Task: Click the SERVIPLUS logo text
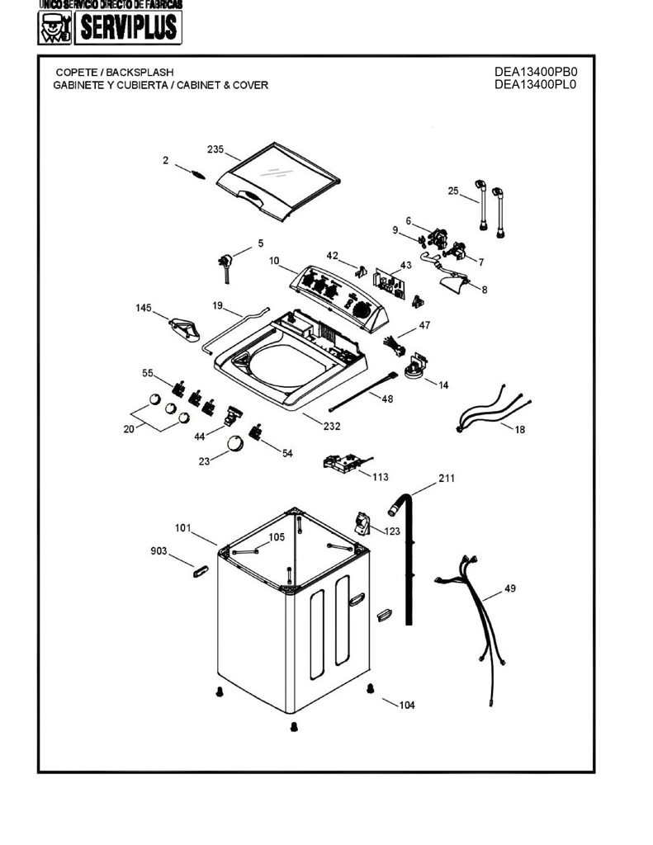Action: (128, 27)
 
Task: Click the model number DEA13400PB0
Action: (536, 72)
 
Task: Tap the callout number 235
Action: (215, 149)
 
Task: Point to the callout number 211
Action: (447, 478)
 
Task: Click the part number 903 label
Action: (159, 550)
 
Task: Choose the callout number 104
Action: (407, 705)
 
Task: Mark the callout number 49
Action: (510, 588)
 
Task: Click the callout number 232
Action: (332, 426)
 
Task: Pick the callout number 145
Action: (144, 308)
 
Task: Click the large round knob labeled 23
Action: (235, 443)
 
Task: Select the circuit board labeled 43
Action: (388, 282)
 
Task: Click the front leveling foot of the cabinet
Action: (294, 726)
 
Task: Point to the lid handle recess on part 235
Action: (252, 196)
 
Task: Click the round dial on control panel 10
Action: (363, 310)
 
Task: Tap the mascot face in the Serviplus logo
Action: (54, 28)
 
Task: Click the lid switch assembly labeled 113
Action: (345, 462)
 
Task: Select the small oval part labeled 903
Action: (200, 571)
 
